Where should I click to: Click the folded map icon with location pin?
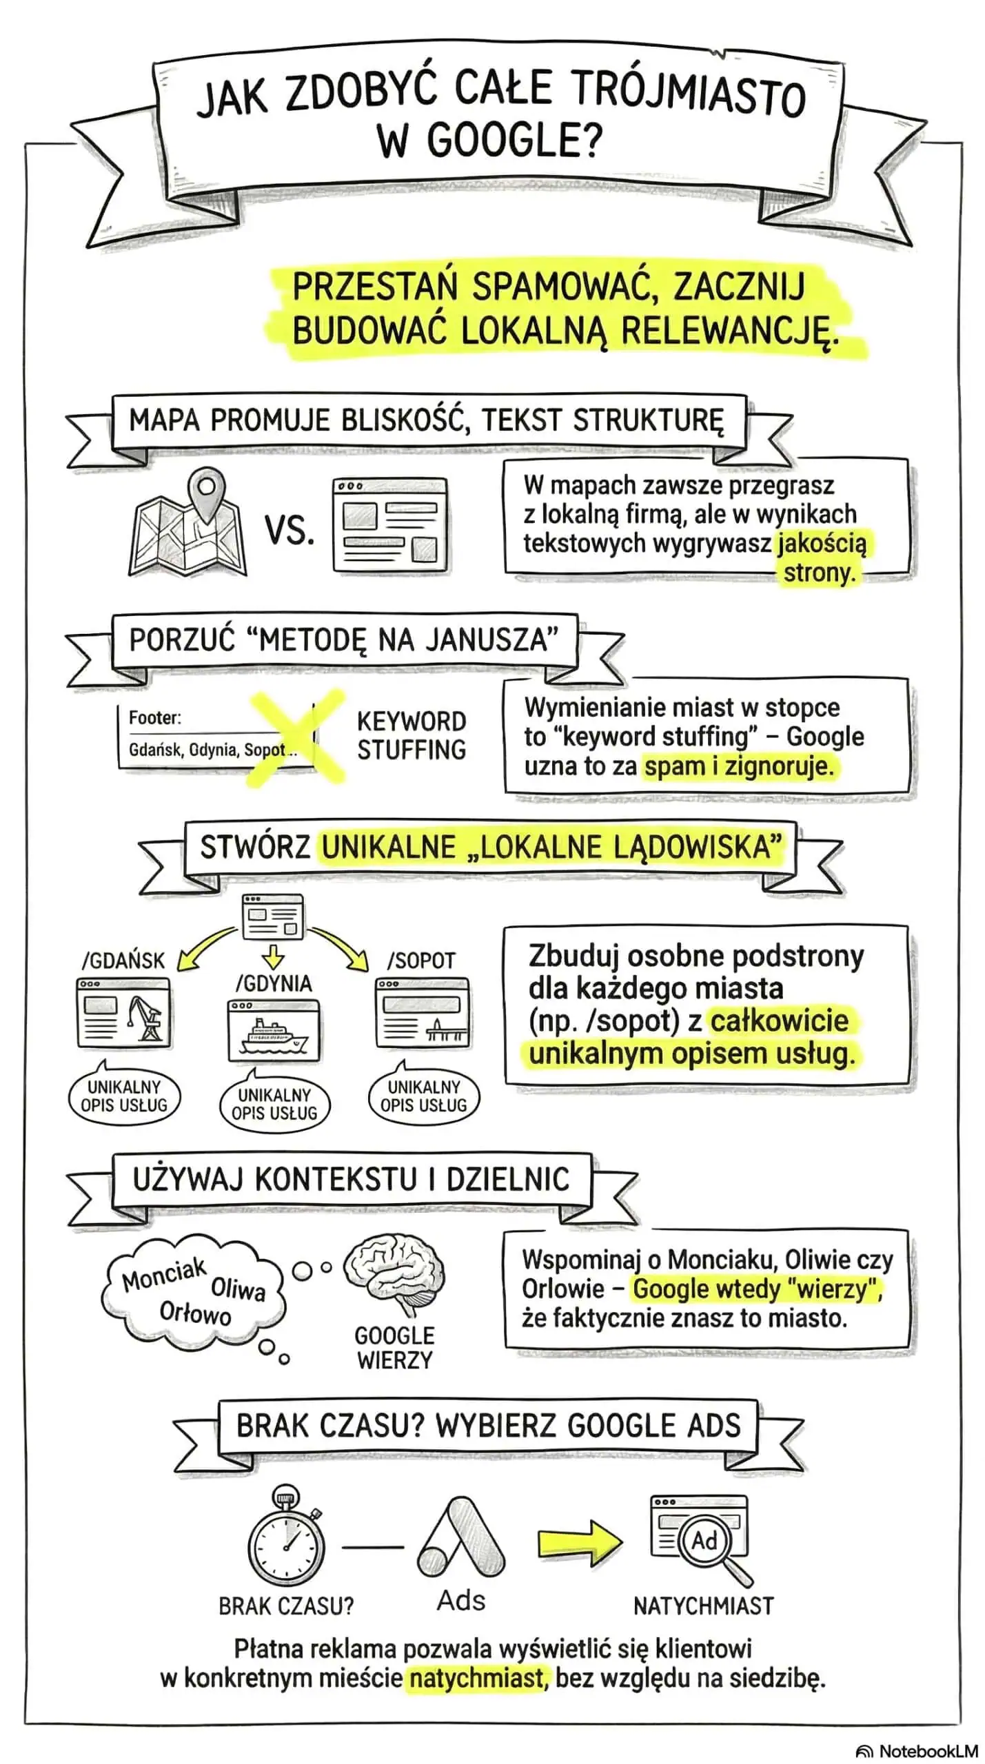click(x=188, y=524)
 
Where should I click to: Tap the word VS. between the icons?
click(x=290, y=531)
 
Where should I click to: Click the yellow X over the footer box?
click(x=296, y=736)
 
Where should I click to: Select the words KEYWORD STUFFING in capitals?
click(x=412, y=735)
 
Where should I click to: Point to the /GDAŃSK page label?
click(x=123, y=961)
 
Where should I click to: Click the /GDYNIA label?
click(x=274, y=983)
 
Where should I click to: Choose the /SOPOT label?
click(x=421, y=961)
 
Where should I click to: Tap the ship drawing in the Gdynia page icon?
click(x=273, y=1036)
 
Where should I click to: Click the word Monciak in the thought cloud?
click(x=164, y=1273)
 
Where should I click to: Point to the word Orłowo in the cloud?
click(x=195, y=1314)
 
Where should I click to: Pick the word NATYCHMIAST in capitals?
click(x=703, y=1606)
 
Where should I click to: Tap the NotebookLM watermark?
click(x=916, y=1751)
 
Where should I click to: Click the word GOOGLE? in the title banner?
click(x=489, y=141)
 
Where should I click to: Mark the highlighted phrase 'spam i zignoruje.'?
click(x=738, y=766)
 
